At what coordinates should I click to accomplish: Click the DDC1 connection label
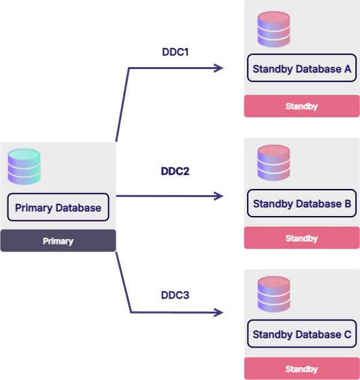tap(175, 52)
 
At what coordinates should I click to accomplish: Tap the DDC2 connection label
tap(175, 171)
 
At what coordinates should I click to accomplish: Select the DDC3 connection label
tap(175, 295)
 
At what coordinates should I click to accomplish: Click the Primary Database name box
tap(58, 207)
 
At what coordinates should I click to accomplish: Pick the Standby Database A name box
tap(302, 68)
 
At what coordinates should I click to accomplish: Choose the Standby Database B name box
tap(302, 203)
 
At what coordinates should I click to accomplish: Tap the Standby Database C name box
tap(302, 334)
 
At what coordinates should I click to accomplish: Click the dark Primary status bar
tap(58, 240)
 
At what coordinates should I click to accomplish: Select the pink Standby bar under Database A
tap(302, 106)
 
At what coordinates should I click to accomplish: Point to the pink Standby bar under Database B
tap(302, 238)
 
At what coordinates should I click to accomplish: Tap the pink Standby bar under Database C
tap(302, 368)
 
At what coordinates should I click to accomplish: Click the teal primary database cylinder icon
tap(24, 167)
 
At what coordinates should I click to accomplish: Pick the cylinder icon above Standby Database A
tap(273, 29)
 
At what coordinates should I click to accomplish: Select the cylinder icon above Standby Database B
tap(273, 163)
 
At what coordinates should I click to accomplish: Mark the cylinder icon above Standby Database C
tap(273, 294)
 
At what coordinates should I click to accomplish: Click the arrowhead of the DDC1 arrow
tap(223, 68)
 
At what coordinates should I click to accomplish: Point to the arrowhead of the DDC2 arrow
tap(223, 196)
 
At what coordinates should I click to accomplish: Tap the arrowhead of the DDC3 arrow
tap(223, 312)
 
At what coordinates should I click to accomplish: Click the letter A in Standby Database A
tap(348, 69)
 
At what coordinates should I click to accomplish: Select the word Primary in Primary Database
tap(34, 208)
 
